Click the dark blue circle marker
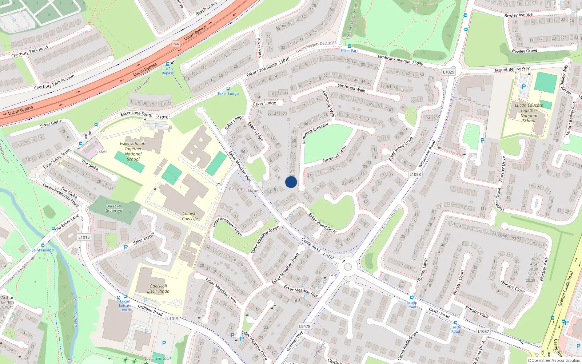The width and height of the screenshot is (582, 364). tap(291, 182)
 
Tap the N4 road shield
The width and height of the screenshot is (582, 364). tap(176, 44)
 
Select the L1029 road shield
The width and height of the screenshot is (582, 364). tap(449, 72)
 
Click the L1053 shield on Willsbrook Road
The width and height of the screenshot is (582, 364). tap(415, 174)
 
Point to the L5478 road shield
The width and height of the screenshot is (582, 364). tap(304, 326)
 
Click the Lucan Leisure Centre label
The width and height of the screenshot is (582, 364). tap(125, 305)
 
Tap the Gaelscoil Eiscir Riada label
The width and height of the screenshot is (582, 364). tap(158, 288)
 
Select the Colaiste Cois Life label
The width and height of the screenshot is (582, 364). tap(190, 216)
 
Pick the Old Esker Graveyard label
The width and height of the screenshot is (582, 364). tap(114, 208)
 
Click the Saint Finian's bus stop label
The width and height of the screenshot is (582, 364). tap(43, 250)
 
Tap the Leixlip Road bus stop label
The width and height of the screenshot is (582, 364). tap(412, 305)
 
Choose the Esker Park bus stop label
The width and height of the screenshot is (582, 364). tap(350, 51)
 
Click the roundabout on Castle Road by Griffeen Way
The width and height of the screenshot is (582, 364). tap(347, 267)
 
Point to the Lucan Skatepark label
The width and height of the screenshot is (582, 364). tap(158, 358)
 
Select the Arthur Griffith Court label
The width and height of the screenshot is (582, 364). tap(7, 302)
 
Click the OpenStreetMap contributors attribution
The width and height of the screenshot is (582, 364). tap(554, 360)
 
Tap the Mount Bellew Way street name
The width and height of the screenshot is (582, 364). tap(512, 69)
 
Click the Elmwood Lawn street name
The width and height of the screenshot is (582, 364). tap(334, 154)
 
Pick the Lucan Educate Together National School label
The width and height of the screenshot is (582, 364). tap(529, 113)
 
